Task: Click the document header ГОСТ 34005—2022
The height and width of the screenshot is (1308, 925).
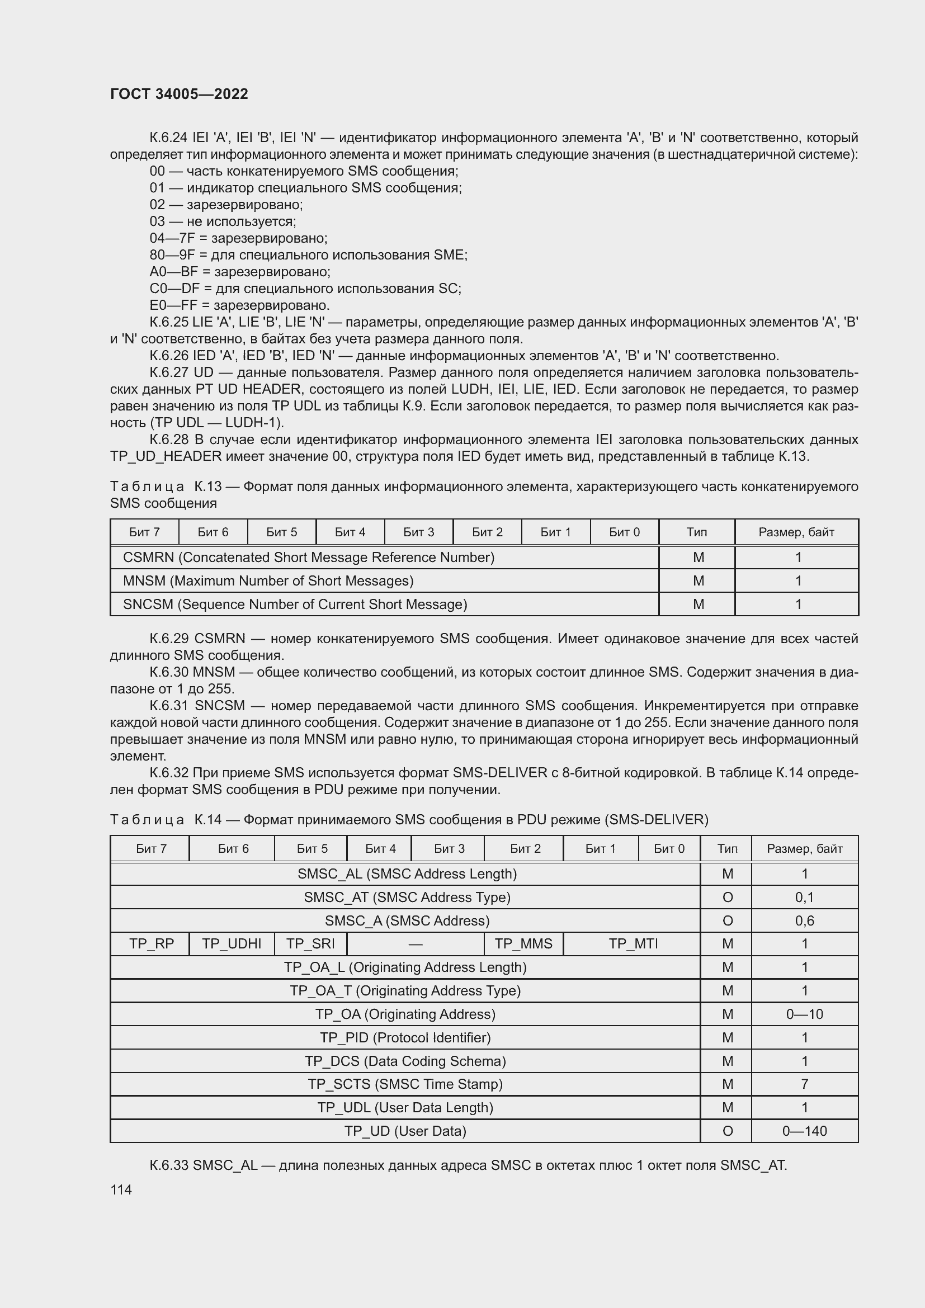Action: pyautogui.click(x=179, y=94)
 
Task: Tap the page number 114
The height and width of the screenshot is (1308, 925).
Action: pyautogui.click(x=121, y=1189)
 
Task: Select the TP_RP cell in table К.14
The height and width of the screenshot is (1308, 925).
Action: pyautogui.click(x=151, y=944)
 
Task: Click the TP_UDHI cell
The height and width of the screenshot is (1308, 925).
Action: pyautogui.click(x=232, y=944)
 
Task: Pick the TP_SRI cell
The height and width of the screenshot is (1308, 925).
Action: pyautogui.click(x=310, y=944)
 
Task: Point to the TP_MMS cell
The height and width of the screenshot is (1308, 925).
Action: pyautogui.click(x=523, y=944)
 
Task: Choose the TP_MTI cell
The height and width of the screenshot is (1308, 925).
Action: pyautogui.click(x=633, y=944)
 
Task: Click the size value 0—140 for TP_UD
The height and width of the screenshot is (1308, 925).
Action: pyautogui.click(x=804, y=1131)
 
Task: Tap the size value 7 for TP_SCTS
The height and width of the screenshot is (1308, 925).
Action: pyautogui.click(x=804, y=1084)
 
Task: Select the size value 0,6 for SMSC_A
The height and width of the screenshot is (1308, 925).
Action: pyautogui.click(x=804, y=920)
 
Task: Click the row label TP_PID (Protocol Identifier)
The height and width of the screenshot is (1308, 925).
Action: pyautogui.click(x=405, y=1037)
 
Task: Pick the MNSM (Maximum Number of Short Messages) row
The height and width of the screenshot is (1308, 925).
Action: pyautogui.click(x=268, y=580)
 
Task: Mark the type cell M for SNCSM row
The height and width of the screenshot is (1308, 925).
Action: pyautogui.click(x=699, y=604)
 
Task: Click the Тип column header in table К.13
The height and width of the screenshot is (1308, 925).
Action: pyautogui.click(x=697, y=532)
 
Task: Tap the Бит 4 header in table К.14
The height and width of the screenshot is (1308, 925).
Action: pyautogui.click(x=380, y=849)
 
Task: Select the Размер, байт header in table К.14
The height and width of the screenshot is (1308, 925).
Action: pyautogui.click(x=804, y=849)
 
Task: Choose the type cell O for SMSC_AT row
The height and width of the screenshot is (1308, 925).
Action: pyautogui.click(x=728, y=897)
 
